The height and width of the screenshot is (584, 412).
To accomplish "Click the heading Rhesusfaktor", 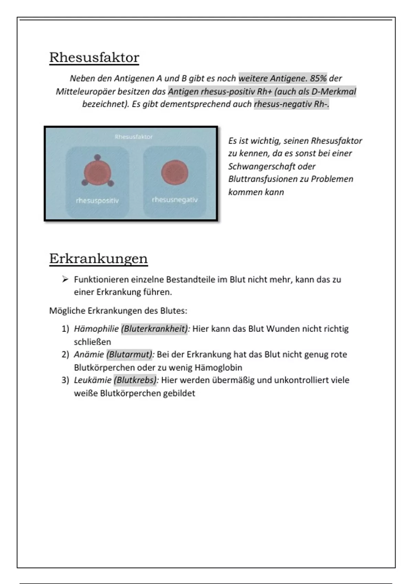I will coord(94,57).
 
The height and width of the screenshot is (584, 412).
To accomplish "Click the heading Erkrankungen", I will coord(98,258).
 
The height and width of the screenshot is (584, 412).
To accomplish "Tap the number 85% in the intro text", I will coord(318,78).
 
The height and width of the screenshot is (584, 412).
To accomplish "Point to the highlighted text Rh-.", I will coord(321,104).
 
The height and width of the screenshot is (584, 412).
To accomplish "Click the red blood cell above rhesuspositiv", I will coord(98,173).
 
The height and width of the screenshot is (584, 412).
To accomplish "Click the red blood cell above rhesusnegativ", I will coord(175,172).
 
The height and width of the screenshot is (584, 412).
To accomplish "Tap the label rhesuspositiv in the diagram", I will coord(97,201).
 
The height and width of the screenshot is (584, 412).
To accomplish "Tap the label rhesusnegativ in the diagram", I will coord(175,200).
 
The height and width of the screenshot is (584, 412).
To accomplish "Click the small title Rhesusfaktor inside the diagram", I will coord(134,137).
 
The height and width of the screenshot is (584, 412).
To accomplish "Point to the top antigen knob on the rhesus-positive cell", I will coord(98,157).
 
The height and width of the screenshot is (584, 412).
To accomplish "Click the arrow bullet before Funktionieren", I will coord(65,279).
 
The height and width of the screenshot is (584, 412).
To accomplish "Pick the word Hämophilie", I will coord(96,329).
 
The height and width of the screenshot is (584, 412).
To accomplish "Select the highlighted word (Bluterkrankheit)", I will coord(154,329).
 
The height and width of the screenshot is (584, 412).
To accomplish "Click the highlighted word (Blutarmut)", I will coord(130,354).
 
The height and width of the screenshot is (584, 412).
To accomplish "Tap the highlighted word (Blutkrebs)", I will coord(136,380).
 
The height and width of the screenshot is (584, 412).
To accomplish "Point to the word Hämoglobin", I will coord(218,367).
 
